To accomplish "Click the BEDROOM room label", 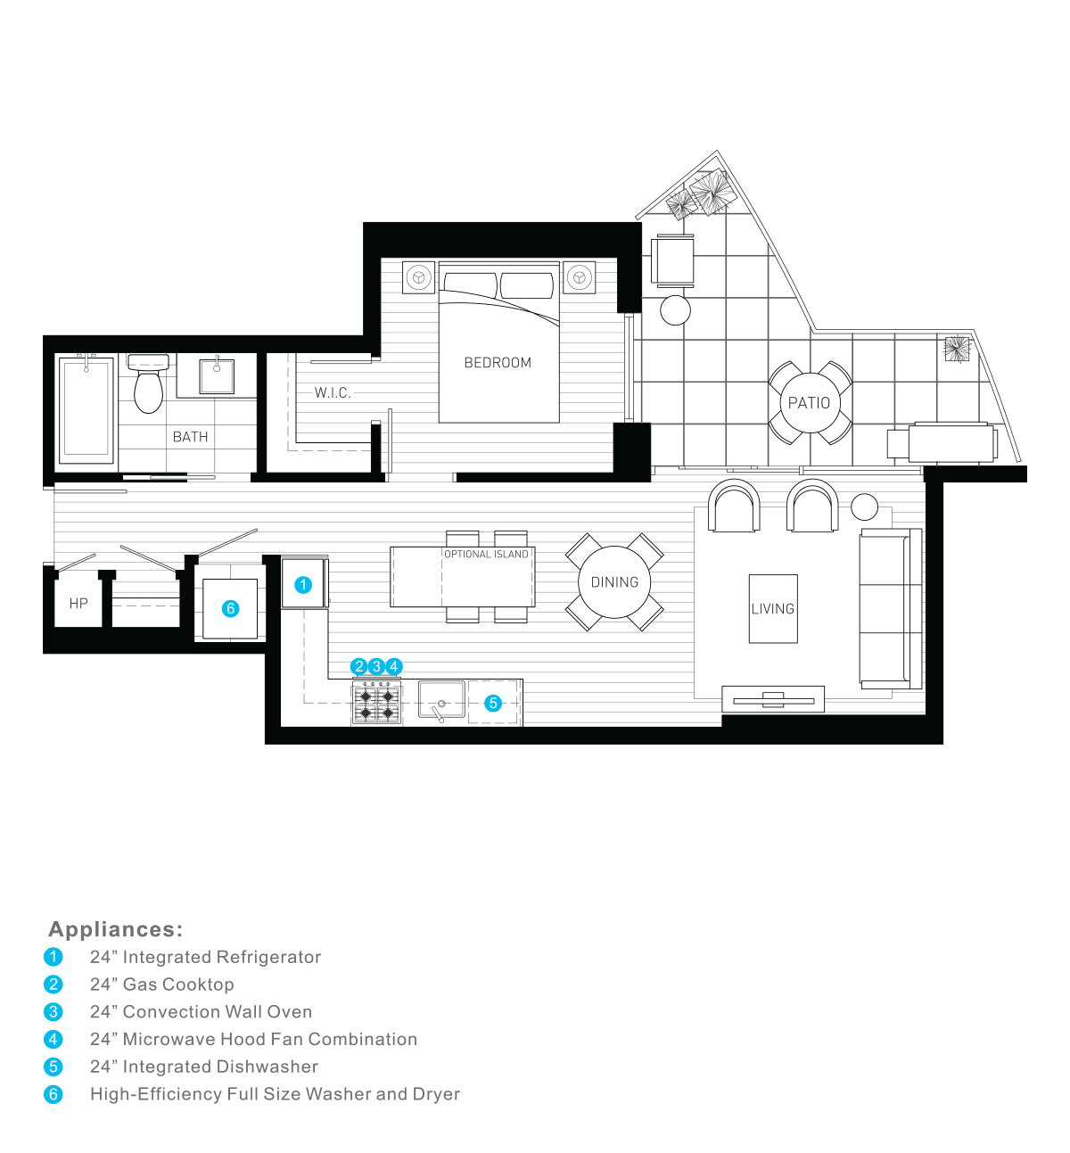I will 498,363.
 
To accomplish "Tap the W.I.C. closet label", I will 333,392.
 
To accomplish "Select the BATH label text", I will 190,437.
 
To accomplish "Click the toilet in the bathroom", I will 148,387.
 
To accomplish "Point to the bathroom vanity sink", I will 217,375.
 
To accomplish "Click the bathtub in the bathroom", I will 86,410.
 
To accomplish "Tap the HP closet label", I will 78,604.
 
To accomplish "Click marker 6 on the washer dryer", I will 231,609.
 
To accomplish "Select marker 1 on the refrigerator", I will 303,585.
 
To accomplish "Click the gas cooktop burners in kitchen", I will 376,704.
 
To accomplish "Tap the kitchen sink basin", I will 441,700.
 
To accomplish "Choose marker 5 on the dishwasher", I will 493,704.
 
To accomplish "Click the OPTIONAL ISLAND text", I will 486,555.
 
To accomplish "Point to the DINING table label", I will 614,582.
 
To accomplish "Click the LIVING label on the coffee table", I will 772,609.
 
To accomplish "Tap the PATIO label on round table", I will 809,403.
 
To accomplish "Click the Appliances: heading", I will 116,929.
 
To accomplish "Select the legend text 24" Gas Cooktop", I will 162,984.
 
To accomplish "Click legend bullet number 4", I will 53,1040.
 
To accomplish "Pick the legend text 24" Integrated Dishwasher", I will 204,1067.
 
